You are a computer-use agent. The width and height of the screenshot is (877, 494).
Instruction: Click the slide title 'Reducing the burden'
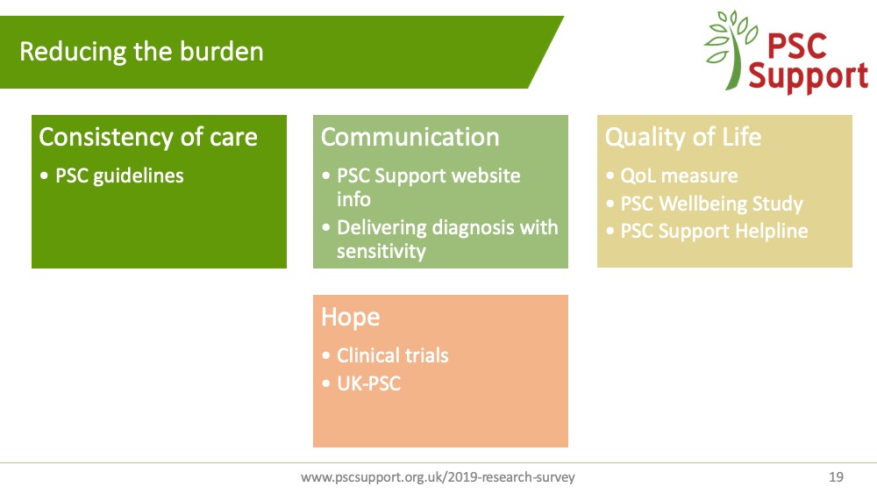point(141,52)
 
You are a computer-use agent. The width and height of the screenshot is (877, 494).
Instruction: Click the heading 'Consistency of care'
point(148,137)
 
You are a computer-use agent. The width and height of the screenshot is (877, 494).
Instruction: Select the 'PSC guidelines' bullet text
point(119,176)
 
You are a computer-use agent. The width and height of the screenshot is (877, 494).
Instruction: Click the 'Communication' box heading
point(410,137)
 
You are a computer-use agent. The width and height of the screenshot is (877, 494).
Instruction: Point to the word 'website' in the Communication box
point(486,175)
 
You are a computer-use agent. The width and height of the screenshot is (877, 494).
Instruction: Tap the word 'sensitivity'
point(381,251)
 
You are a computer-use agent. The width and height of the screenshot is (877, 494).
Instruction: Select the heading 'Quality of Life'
point(683,137)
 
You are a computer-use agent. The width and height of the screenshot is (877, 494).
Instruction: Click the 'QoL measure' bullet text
point(679,176)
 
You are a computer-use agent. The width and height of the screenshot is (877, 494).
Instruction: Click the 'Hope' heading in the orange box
point(351,318)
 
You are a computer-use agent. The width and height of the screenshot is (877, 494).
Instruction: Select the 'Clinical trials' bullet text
point(393,355)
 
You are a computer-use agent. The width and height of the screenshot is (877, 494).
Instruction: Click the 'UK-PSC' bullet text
point(368,383)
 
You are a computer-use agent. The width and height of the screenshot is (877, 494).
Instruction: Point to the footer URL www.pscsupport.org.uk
point(438,477)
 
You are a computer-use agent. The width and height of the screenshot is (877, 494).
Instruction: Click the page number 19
point(836,477)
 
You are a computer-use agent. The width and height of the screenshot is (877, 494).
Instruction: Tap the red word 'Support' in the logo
point(809,76)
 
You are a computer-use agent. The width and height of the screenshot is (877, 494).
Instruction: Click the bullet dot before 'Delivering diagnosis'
point(326,228)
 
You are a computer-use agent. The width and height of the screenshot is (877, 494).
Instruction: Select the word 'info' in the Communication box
point(353,199)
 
